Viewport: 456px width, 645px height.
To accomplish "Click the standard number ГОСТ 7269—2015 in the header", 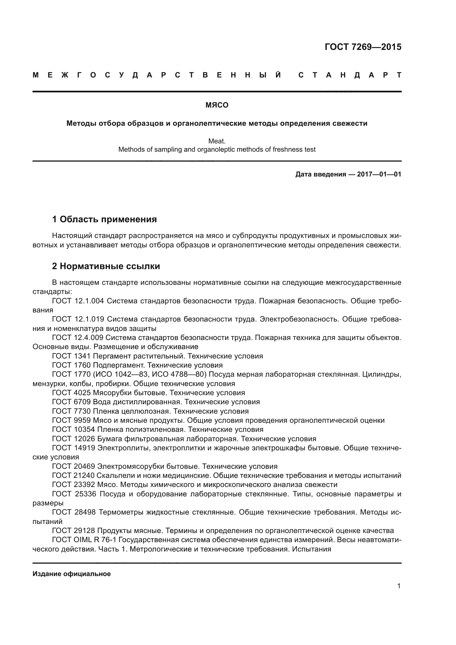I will click(363, 47).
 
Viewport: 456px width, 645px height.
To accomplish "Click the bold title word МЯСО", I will click(217, 105).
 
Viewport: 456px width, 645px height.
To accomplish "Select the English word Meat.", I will click(217, 141).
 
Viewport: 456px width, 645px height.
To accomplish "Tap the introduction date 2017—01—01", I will click(379, 175).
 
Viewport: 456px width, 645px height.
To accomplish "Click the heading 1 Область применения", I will click(104, 219).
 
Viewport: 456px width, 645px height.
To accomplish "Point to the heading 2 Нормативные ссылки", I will click(106, 266).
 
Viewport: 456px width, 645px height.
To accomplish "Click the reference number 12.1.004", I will click(89, 301).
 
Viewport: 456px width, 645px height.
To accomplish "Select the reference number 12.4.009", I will click(89, 338).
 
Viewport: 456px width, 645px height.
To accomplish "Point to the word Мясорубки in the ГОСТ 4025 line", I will click(112, 393).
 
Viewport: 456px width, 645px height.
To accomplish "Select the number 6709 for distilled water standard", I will click(82, 402).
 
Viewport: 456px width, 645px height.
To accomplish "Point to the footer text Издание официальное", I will click(72, 574).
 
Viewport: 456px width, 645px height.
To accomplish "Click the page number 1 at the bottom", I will click(399, 586).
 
